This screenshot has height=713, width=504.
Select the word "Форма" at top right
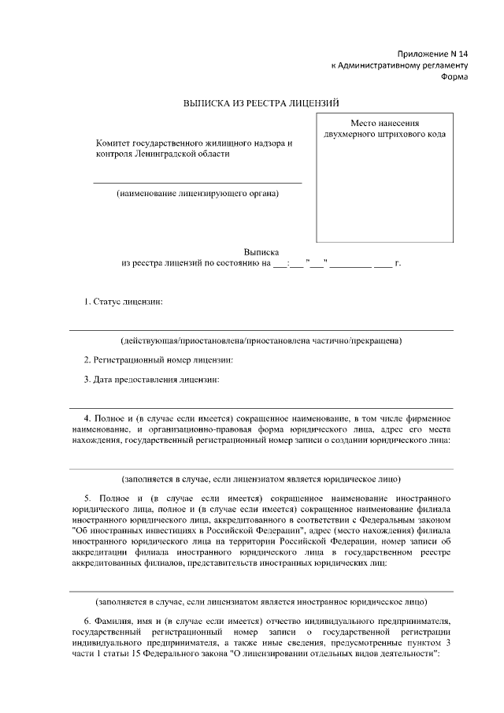pyautogui.click(x=454, y=78)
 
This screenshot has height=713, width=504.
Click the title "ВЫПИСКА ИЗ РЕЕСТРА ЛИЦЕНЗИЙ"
pyautogui.click(x=261, y=102)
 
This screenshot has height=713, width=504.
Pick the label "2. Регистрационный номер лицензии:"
pyautogui.click(x=158, y=359)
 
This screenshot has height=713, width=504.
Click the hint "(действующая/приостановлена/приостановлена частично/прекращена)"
pyautogui.click(x=261, y=341)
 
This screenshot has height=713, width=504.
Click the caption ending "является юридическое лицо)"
pyautogui.click(x=261, y=478)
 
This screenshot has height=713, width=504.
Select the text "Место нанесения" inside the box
pyautogui.click(x=384, y=123)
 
